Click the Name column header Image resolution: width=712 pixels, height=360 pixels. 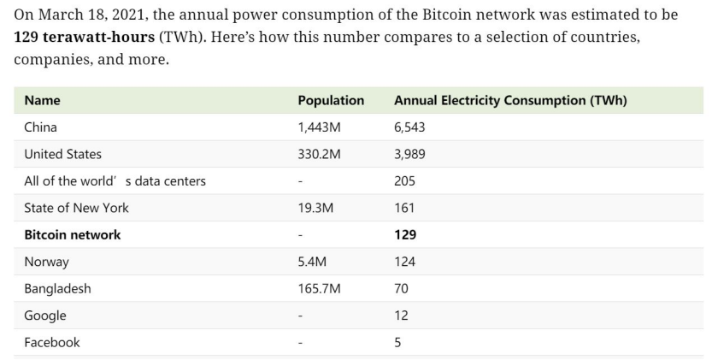click(x=42, y=101)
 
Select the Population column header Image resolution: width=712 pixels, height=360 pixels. click(x=331, y=101)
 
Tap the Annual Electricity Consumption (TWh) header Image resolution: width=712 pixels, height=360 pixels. click(x=510, y=101)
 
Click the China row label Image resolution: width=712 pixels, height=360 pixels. click(x=40, y=127)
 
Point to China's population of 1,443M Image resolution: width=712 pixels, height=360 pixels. click(x=319, y=127)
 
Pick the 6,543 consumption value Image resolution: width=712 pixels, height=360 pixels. click(x=409, y=127)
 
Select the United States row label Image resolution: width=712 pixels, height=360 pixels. click(x=62, y=154)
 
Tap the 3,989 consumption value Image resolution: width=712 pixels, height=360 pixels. click(x=409, y=154)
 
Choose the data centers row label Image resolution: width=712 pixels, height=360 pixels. click(x=115, y=181)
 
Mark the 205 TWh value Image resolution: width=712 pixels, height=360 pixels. click(x=404, y=181)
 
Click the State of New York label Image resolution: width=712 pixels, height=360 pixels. click(x=76, y=208)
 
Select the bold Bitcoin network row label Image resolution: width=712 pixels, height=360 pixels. click(x=73, y=234)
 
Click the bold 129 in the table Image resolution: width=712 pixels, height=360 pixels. click(x=405, y=234)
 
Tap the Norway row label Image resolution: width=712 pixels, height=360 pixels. click(x=46, y=262)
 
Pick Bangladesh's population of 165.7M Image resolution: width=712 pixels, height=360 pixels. click(x=319, y=288)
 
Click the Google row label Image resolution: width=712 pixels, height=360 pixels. click(x=44, y=316)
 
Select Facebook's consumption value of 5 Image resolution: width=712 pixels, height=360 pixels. click(x=397, y=342)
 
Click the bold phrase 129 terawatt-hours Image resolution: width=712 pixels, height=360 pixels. click(x=85, y=39)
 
